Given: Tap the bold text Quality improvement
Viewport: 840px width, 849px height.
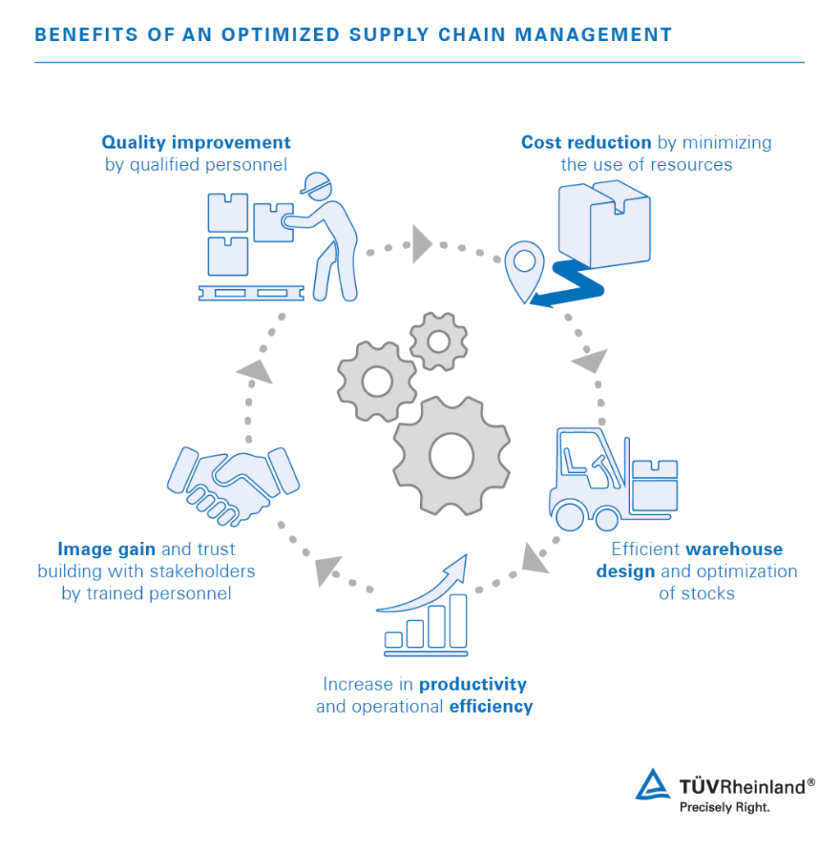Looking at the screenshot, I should click(196, 142).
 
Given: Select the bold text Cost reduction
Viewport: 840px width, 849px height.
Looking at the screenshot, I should click(587, 142).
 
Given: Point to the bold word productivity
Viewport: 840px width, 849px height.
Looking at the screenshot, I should click(473, 684).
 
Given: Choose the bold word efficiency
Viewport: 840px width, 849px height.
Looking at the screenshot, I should click(491, 706).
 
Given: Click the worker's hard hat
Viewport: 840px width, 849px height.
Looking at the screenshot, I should click(313, 184).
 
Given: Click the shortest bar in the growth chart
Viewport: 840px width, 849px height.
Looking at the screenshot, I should click(394, 639).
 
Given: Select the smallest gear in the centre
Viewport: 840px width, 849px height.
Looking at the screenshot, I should click(438, 341).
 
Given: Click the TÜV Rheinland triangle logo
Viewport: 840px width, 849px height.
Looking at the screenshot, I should click(653, 784).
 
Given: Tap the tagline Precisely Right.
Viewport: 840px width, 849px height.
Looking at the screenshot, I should click(724, 807).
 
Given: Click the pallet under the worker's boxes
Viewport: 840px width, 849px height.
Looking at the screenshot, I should click(251, 292).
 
